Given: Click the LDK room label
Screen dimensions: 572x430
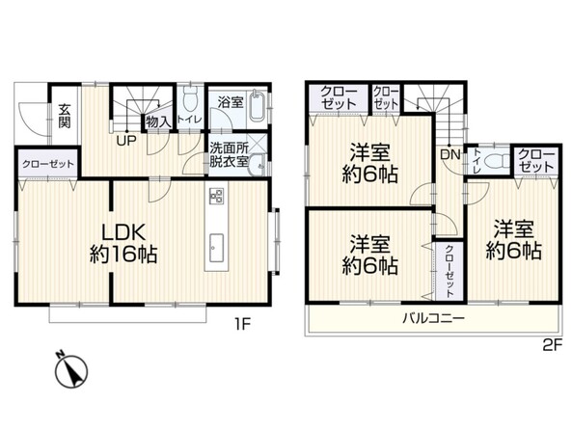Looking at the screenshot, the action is click(123, 243).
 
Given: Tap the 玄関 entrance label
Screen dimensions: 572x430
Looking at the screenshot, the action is click(65, 116).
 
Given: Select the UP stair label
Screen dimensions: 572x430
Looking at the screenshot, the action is click(126, 141).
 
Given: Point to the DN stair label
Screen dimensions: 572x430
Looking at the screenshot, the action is click(450, 154).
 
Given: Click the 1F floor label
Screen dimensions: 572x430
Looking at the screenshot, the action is click(242, 324).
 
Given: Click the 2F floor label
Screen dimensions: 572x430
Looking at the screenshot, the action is click(552, 344).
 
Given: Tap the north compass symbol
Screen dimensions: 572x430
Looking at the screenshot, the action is click(71, 370).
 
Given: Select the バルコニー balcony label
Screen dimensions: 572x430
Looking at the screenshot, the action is click(433, 319).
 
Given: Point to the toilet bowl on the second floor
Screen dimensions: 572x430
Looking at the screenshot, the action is click(498, 160).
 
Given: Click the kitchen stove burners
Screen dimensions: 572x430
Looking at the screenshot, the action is click(216, 197).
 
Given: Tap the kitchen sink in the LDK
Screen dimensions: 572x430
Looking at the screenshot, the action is click(216, 247).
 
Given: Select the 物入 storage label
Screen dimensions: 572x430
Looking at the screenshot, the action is click(157, 121).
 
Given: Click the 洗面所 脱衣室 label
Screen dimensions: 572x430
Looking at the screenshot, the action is click(230, 154).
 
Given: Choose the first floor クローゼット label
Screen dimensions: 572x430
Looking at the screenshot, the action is click(48, 164).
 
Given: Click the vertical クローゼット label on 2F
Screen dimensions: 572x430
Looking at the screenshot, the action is click(449, 271).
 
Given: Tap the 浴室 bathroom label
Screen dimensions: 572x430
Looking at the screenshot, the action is click(231, 102).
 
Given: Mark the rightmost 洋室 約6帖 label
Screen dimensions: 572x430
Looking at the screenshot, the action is click(513, 240).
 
